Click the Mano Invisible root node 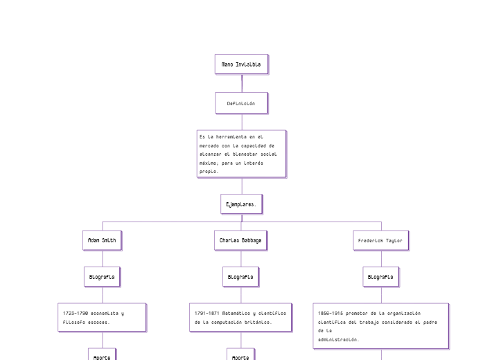pos(241,64)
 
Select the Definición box pos(241,103)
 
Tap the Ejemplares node pos(241,204)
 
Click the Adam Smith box pos(102,240)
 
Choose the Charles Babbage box pos(240,240)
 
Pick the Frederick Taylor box pos(380,240)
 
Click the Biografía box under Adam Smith pos(102,277)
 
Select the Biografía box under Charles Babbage pos(240,277)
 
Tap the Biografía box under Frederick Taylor pos(380,277)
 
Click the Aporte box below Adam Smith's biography pos(102,357)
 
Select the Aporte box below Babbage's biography pos(240,357)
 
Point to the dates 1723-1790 pos(76,313)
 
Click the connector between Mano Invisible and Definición pos(242,83)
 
